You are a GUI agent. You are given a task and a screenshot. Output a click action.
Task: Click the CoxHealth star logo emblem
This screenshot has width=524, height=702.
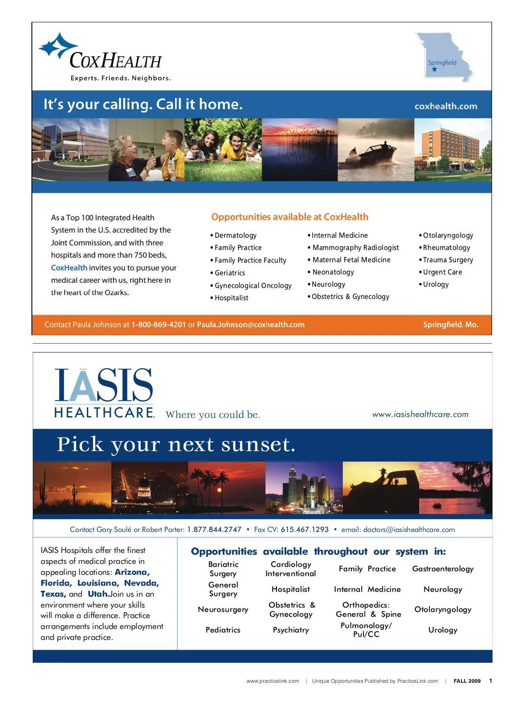[x=58, y=45]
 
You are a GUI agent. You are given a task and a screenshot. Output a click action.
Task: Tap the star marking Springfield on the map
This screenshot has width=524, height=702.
[x=434, y=69]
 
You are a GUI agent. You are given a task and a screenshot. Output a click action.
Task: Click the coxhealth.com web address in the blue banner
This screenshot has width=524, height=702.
[x=445, y=106]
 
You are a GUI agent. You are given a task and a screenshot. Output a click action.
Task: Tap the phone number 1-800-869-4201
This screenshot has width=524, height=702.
[x=159, y=325]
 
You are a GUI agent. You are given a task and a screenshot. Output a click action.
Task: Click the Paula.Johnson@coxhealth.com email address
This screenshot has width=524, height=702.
[x=251, y=325]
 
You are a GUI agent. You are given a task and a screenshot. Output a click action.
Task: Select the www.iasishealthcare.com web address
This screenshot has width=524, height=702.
[x=420, y=414]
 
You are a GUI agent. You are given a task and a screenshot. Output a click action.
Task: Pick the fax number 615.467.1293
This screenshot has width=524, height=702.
[x=304, y=530]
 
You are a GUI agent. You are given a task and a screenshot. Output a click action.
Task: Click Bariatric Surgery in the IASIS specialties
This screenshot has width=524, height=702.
[x=223, y=569]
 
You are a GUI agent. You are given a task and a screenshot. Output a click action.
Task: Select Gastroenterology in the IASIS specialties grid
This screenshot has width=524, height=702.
[x=443, y=569]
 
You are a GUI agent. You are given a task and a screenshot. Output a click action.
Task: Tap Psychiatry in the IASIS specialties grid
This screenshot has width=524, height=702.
[x=291, y=630]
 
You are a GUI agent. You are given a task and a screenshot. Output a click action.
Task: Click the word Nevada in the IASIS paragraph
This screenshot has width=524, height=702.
[x=141, y=583]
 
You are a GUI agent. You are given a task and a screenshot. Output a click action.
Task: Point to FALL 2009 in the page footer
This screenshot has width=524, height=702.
[x=467, y=681]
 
